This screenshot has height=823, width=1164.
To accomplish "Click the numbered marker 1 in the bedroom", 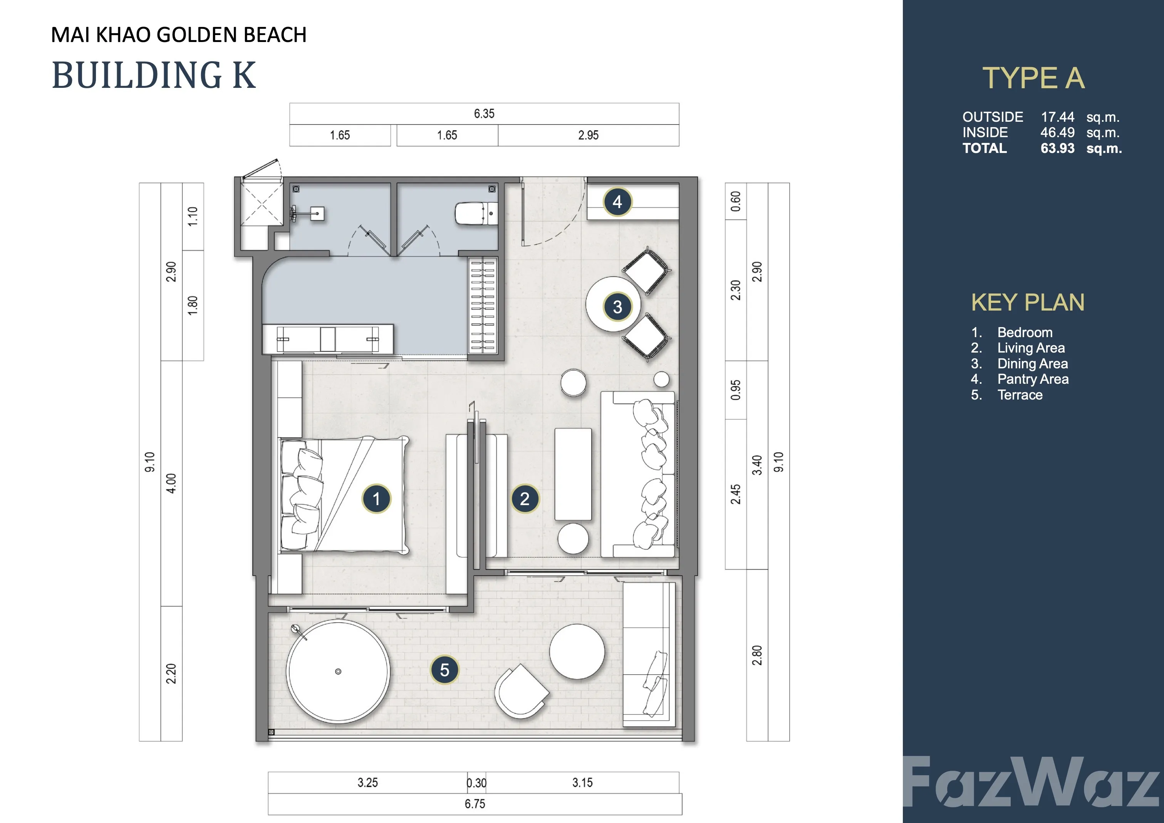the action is click(376, 499).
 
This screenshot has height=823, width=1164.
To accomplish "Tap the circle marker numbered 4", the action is click(617, 202).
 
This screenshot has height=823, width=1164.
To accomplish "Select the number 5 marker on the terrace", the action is click(444, 670).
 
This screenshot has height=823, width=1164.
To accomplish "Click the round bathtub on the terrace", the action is click(338, 671).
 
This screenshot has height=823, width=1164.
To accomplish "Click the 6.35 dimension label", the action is click(484, 114).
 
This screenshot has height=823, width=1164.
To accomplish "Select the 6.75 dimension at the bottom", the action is click(475, 804).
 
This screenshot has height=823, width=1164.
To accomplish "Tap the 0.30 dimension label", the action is click(476, 783).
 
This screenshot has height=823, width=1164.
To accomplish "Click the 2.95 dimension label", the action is click(588, 135).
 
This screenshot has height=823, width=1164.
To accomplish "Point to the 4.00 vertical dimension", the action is click(171, 483).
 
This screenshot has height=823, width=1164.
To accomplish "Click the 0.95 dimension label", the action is click(736, 390).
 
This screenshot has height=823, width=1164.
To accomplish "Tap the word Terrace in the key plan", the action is click(1020, 395).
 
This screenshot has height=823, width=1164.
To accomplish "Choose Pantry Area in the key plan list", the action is click(1033, 379).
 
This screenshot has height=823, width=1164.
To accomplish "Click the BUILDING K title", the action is click(154, 75).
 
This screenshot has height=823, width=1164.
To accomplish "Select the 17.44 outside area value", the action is click(1058, 117).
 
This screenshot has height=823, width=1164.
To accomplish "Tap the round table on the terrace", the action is click(577, 652).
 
